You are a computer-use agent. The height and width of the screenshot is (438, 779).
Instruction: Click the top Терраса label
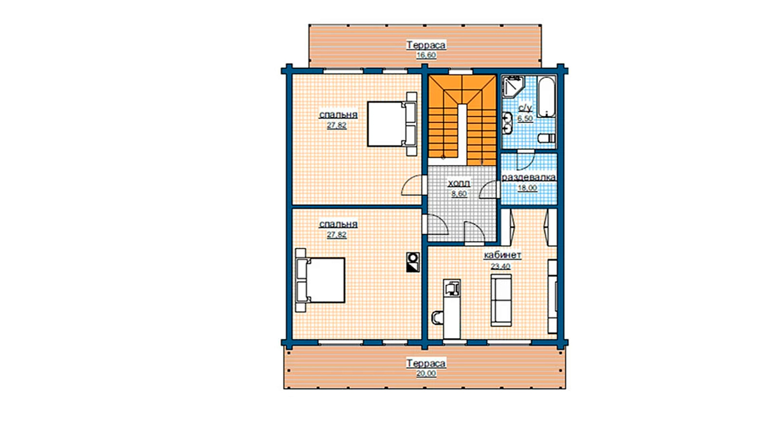(x=426, y=45)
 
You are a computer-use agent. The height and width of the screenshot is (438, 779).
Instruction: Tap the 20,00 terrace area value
(x=426, y=373)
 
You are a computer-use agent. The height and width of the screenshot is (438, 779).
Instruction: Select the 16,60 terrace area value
(x=426, y=55)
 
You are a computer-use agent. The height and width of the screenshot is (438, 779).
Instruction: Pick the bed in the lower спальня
(x=320, y=280)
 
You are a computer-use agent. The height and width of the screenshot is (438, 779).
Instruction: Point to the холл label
(x=459, y=183)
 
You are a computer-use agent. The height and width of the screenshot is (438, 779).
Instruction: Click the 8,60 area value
(x=459, y=194)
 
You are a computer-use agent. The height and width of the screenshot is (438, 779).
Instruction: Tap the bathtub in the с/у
(x=547, y=97)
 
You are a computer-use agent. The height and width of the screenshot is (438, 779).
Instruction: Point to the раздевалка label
(x=528, y=177)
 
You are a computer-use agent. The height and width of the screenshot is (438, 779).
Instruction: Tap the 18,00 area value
(x=528, y=188)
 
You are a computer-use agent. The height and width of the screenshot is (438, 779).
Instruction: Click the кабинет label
(x=502, y=255)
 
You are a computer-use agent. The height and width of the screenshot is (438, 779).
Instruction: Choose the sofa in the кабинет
(x=501, y=300)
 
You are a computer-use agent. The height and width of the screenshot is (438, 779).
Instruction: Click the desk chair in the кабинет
(x=438, y=317)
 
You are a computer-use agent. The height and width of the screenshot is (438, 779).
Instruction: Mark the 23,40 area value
(x=501, y=266)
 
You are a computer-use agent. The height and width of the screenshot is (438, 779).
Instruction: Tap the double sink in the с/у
(x=507, y=123)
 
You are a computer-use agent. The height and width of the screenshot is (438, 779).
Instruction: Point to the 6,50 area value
(x=525, y=119)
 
